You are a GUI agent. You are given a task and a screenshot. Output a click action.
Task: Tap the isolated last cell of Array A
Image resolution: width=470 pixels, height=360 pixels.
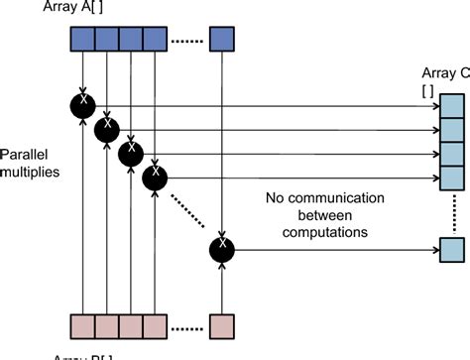point(223,39)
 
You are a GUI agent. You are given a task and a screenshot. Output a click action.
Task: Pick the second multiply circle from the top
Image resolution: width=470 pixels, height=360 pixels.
point(106,129)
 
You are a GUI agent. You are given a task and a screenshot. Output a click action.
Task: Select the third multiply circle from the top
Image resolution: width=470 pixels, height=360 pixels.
point(130,153)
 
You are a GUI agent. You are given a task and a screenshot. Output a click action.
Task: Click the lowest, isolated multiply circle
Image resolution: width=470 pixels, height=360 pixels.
point(223,249)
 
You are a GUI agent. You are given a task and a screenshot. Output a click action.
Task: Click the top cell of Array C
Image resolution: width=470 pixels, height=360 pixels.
point(451,104)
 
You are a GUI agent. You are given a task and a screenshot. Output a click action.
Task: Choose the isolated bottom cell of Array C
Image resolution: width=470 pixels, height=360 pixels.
point(451,248)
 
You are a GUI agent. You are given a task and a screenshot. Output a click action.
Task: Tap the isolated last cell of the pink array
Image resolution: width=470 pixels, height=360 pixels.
point(223,326)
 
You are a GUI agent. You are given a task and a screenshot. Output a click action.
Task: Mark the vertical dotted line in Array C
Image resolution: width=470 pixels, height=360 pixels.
point(451,213)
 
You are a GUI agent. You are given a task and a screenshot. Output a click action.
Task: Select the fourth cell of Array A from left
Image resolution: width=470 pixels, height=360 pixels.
point(155,39)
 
